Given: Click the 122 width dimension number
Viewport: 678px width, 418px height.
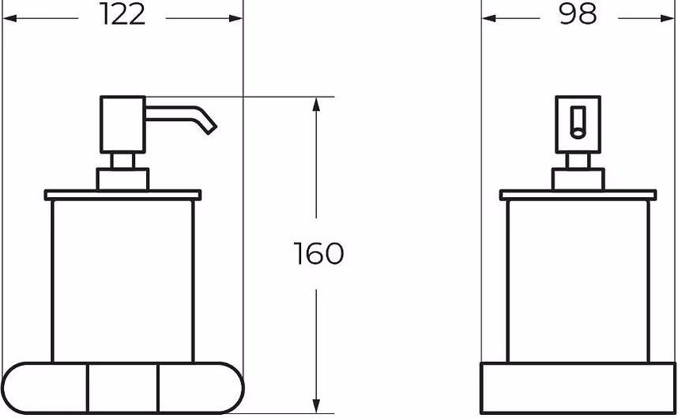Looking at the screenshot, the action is [122, 14].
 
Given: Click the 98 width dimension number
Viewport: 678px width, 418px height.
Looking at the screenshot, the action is [578, 13].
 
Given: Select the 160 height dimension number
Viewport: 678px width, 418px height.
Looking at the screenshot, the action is [318, 253].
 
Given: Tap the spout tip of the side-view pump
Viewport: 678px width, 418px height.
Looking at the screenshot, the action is [212, 128].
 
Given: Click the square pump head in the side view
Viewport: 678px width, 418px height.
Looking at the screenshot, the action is [122, 125].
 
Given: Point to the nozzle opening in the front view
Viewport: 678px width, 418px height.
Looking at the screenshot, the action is [578, 132].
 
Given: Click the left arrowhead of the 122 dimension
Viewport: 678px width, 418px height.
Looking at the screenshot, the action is [9, 18].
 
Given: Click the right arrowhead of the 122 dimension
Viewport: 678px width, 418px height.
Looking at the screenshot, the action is [236, 18].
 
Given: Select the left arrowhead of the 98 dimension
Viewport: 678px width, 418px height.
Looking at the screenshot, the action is [488, 18].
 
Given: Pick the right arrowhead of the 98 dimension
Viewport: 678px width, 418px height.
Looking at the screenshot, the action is [668, 18].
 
